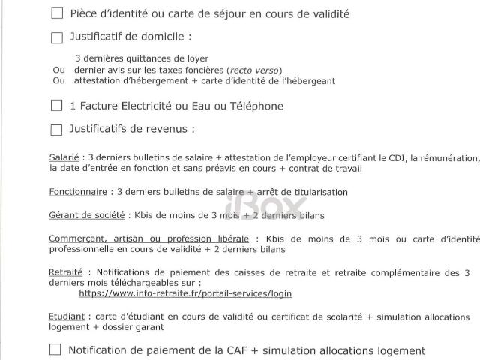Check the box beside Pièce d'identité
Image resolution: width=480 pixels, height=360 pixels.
click(57, 13)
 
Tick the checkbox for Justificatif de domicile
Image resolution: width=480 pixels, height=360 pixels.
click(57, 37)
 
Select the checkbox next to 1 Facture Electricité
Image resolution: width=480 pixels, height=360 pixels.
click(57, 106)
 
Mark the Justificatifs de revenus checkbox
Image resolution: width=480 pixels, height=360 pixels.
click(57, 130)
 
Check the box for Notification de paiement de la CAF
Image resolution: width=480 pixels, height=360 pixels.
click(55, 349)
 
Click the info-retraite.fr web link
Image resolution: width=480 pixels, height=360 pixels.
click(185, 293)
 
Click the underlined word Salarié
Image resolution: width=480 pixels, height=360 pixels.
click(64, 158)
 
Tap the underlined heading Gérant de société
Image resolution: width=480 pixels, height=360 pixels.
click(87, 215)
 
